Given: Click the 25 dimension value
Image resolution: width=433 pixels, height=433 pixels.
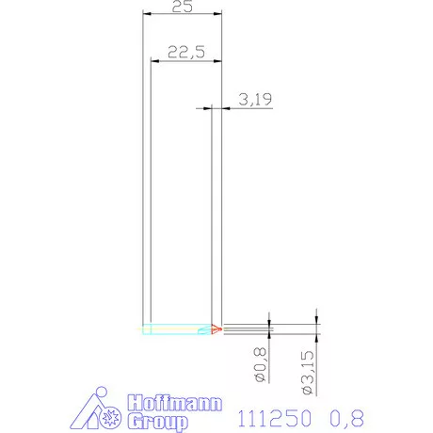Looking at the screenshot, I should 184,7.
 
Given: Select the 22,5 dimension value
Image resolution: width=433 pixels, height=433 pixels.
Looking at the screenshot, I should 186,54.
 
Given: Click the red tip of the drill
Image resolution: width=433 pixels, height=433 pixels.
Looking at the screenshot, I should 216,329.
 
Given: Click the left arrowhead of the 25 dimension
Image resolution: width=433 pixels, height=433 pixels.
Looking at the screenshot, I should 146,14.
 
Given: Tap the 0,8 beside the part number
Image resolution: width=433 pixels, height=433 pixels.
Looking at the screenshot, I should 345,416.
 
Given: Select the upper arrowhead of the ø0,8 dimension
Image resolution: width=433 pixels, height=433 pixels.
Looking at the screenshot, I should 270,325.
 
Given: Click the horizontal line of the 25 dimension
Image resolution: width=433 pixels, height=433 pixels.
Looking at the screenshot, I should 184,14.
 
